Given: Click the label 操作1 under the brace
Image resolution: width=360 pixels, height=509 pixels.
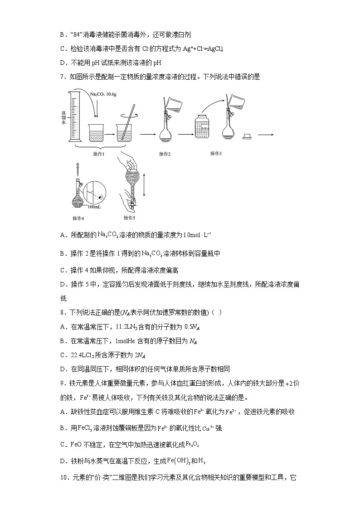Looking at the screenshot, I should point(99,154).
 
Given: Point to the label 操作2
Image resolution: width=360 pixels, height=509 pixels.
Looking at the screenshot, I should point(165,154).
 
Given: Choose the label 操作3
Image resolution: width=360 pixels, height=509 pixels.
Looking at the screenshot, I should point(216,154).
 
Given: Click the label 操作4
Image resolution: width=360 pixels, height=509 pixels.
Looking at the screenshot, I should point(78,218).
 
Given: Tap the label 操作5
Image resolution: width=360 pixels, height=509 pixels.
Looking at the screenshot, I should point(130,218).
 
